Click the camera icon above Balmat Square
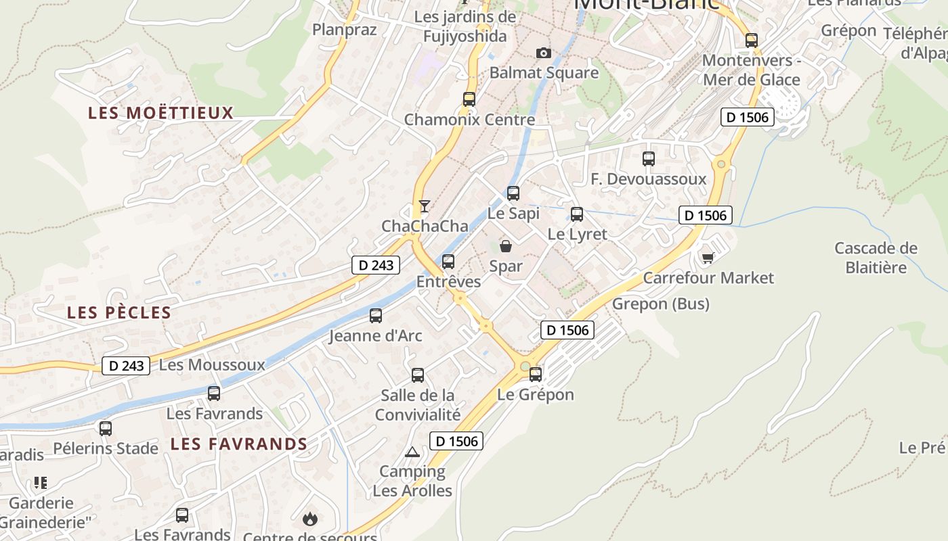[x=543, y=53]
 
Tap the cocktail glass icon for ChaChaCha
[x=425, y=206]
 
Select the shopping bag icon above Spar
[x=506, y=246]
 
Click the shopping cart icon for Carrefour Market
[x=708, y=258]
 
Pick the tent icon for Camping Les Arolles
[x=412, y=452]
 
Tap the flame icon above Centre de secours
[x=310, y=519]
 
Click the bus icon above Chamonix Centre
[x=469, y=99]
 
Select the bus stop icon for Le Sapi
[x=513, y=193]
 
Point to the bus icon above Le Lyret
[x=577, y=214]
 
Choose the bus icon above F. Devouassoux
[x=649, y=159]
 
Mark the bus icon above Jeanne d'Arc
[x=376, y=315]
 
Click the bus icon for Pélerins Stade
[x=106, y=428]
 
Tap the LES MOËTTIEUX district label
[x=160, y=113]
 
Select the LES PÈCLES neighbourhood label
[x=119, y=312]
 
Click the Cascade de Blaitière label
[x=876, y=258]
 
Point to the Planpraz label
[x=344, y=29]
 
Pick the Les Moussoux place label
[x=212, y=365]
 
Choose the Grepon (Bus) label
[x=660, y=304]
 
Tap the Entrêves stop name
[x=448, y=281]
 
